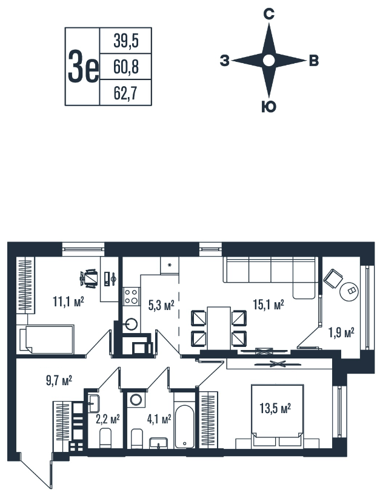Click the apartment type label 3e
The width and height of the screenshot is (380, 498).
[83, 67]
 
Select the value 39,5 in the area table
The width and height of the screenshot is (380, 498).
[126, 41]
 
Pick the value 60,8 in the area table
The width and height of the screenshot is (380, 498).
[126, 67]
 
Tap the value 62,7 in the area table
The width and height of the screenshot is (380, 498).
[125, 93]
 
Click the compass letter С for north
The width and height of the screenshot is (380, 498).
[269, 15]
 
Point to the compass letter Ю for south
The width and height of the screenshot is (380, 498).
[269, 107]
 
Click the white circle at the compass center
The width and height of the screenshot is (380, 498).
[269, 60]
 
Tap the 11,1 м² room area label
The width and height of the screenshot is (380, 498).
[68, 301]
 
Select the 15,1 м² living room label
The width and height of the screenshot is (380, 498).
[268, 305]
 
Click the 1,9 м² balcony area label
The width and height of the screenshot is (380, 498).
[341, 333]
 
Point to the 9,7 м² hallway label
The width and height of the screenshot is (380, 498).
[59, 380]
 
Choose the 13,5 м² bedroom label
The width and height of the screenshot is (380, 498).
[275, 408]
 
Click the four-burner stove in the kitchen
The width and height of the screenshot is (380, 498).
[131, 297]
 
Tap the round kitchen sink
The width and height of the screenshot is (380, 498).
[132, 325]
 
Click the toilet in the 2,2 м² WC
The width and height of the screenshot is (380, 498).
[105, 439]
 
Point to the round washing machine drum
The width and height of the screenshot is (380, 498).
[136, 400]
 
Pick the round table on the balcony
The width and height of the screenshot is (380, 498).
[349, 291]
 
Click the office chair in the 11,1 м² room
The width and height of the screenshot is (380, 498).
[88, 278]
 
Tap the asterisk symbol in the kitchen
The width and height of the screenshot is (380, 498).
[170, 264]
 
